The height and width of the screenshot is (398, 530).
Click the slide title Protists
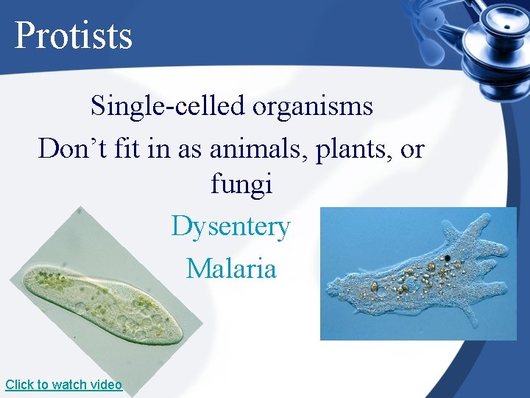(x=73, y=35)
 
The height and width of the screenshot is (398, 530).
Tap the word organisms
(x=313, y=106)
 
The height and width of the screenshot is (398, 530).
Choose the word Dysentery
(x=231, y=226)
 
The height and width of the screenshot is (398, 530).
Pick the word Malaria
(x=231, y=268)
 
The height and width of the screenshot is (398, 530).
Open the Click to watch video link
(x=63, y=385)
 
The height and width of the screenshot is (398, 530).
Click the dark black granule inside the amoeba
(x=446, y=259)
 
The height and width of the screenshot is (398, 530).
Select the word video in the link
(x=107, y=385)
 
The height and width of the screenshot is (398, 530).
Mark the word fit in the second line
(x=127, y=149)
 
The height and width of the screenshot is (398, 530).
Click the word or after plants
(x=412, y=150)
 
